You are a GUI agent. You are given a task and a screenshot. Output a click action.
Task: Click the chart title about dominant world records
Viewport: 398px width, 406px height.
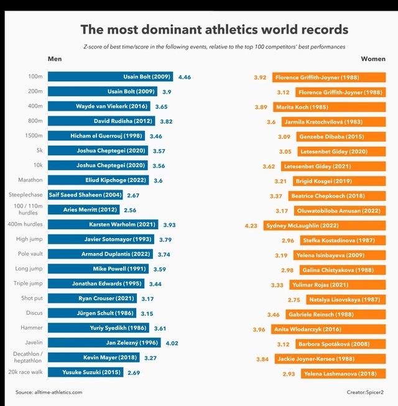point(215,29)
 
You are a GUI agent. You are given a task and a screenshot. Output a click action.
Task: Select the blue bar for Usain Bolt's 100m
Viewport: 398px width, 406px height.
point(110,76)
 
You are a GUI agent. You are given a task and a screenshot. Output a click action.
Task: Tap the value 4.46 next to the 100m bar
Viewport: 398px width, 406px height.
point(185,77)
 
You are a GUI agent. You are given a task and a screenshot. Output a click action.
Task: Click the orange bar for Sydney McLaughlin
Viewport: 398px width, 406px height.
point(325,226)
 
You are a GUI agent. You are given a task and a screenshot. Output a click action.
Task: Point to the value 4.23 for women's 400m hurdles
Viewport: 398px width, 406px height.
point(251,226)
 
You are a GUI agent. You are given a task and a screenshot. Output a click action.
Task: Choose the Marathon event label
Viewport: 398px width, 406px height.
point(30,180)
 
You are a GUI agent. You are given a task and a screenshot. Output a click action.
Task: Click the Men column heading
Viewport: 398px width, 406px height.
point(55,59)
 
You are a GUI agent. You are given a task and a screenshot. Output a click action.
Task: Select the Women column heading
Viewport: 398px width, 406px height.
point(373,59)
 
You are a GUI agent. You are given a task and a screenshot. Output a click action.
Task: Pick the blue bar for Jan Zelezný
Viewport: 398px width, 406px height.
point(104,343)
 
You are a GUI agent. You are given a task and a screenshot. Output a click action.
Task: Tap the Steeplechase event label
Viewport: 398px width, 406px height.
point(25,195)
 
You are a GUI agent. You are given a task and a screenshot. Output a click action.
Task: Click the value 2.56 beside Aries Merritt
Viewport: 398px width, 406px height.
point(130,210)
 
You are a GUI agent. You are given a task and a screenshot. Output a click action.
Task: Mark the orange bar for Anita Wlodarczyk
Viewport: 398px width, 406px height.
point(328,330)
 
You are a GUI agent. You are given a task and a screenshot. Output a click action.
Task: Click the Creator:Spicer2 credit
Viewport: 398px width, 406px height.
point(365,392)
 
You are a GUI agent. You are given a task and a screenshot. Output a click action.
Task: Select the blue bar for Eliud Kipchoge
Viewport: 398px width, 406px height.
point(98,180)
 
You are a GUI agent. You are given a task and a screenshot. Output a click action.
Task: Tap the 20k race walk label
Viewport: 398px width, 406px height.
point(25,372)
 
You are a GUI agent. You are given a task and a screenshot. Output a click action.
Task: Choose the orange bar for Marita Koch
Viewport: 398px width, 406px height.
point(330,107)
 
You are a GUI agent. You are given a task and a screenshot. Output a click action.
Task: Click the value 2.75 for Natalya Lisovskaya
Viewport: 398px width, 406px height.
point(294,300)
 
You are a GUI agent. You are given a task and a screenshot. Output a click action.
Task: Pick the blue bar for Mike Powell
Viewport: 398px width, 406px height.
point(98,269)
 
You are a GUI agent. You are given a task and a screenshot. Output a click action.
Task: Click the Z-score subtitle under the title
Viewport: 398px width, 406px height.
point(215,47)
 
